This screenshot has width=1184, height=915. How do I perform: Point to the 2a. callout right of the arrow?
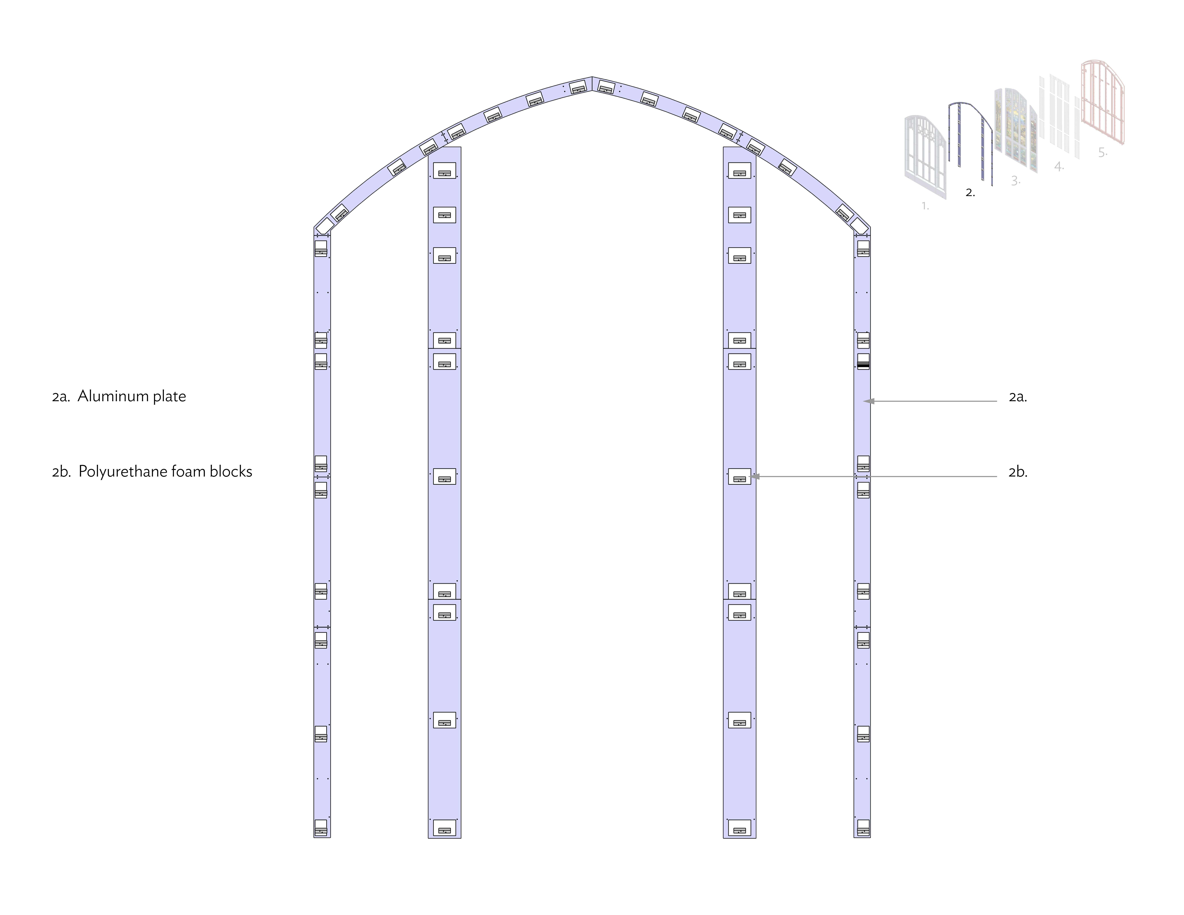click(1017, 397)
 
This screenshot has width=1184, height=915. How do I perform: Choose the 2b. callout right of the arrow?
click(1017, 472)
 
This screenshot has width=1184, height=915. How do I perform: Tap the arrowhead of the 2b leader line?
click(755, 476)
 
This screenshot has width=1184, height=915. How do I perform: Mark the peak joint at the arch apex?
click(592, 84)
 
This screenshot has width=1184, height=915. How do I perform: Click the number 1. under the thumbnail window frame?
click(925, 206)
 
